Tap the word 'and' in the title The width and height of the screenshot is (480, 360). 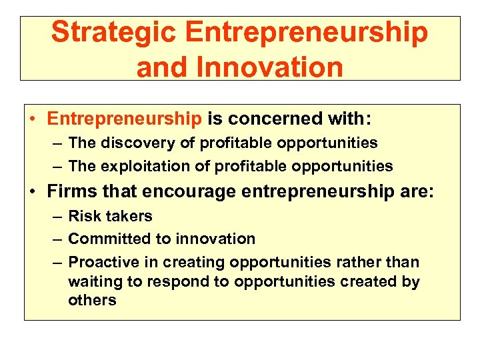(159, 67)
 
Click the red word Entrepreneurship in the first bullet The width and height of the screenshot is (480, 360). (124, 119)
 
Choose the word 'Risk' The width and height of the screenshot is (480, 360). (83, 216)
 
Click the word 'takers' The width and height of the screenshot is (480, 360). (127, 216)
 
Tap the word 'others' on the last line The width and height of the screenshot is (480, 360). (92, 300)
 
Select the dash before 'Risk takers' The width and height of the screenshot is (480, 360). (55, 217)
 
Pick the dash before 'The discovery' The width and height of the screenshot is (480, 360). (55, 143)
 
